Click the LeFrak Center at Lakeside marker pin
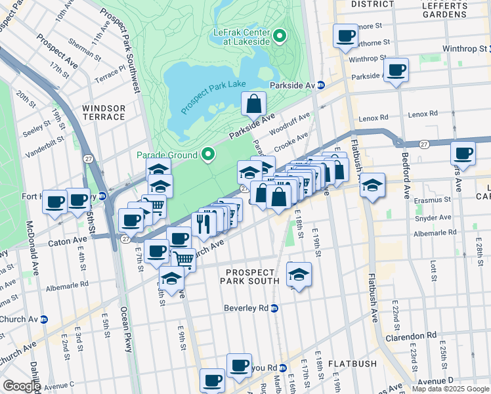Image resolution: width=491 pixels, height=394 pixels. pyautogui.click(x=281, y=35)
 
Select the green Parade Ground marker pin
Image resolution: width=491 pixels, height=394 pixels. pyautogui.click(x=209, y=155)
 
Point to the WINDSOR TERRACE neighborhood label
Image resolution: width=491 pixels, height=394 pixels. pyautogui.click(x=104, y=112)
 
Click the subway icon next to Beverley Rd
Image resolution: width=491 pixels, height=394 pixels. pyautogui.click(x=275, y=308)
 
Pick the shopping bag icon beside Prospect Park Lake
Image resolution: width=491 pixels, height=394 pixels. pyautogui.click(x=253, y=104)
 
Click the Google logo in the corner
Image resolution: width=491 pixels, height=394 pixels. pyautogui.click(x=21, y=387)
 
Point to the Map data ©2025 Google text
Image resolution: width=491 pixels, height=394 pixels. pyautogui.click(x=450, y=389)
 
